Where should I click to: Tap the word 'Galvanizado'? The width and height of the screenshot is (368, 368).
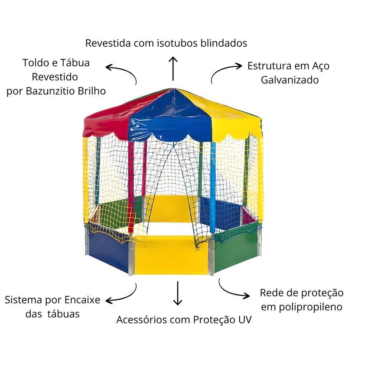tap(290, 80)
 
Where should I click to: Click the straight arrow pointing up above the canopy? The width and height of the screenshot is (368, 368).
tap(173, 68)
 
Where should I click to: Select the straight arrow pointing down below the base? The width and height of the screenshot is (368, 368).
tap(178, 293)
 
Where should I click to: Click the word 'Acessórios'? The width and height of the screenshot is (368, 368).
tap(142, 320)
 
